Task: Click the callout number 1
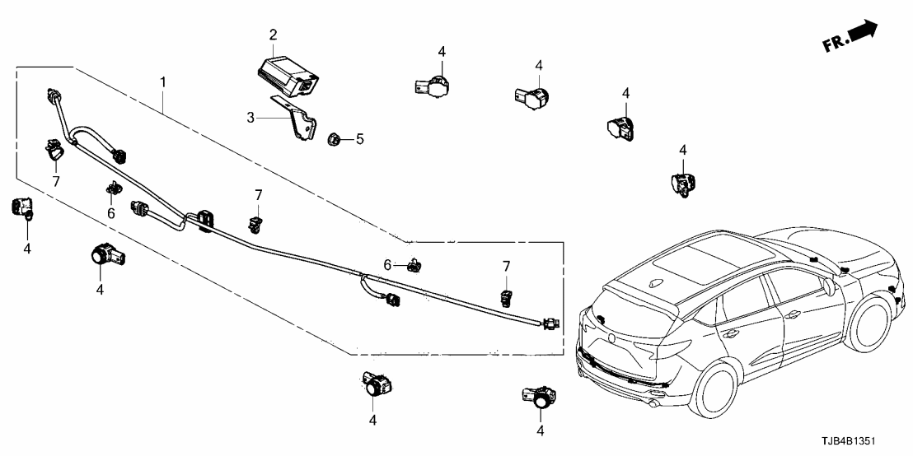pos(163,82)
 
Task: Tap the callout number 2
pos(273,35)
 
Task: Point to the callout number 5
pos(358,139)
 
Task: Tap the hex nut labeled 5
pos(335,138)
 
